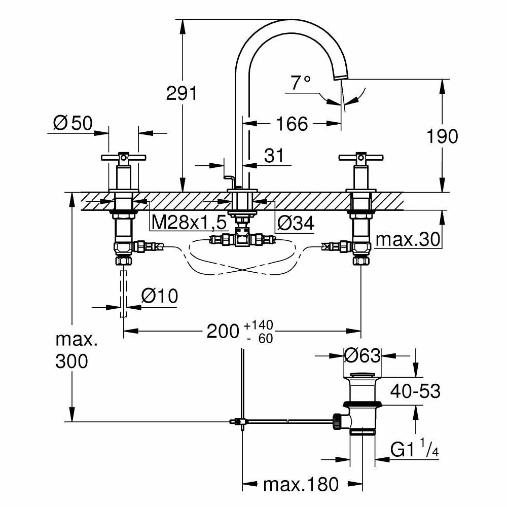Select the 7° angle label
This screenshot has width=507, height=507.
coord(301,82)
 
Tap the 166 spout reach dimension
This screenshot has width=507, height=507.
coord(293,123)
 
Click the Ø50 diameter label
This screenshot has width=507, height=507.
coord(72,122)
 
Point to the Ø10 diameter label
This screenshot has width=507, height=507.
coord(160,296)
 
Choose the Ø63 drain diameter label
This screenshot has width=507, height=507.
coord(362,355)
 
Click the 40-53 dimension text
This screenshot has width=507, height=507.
coord(415,391)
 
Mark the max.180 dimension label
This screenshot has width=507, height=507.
coord(301,485)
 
